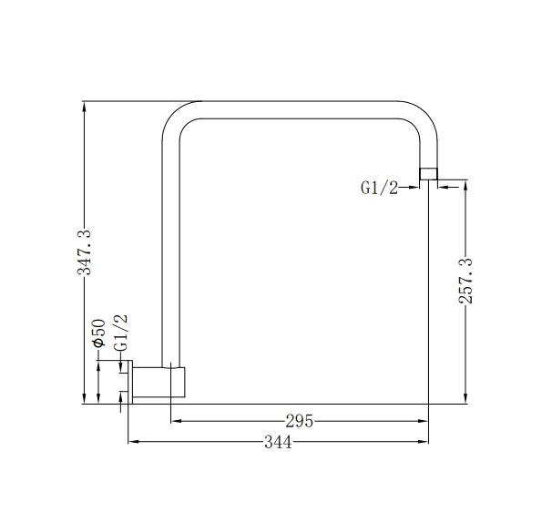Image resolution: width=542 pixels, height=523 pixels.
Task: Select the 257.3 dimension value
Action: point(465,281)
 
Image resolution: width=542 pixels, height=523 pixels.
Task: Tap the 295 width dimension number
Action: point(300,421)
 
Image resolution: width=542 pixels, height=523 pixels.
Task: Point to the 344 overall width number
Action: point(278,442)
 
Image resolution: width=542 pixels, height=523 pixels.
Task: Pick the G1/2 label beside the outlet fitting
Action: point(379,188)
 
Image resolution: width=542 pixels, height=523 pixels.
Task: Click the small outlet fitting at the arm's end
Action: point(428,173)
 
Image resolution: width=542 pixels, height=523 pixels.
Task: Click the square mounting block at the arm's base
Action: point(177,382)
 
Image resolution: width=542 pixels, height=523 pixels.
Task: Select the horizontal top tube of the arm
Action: point(301,109)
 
